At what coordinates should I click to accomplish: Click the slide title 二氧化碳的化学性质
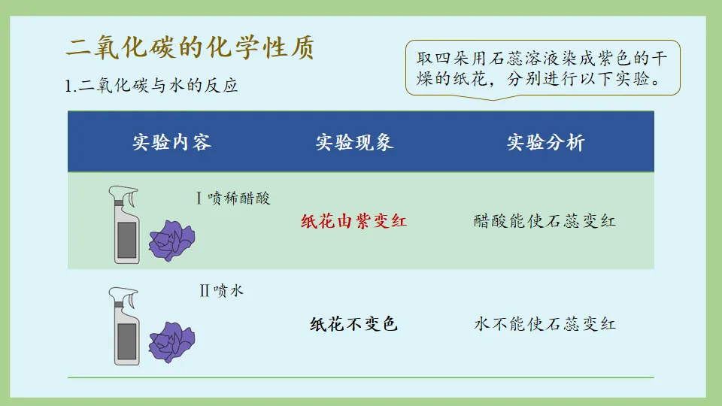tap(190, 48)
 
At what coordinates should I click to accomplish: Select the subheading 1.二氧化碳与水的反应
tap(152, 85)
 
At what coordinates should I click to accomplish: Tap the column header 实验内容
tap(171, 142)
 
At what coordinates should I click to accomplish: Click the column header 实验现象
tap(354, 142)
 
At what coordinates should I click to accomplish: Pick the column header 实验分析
tap(545, 142)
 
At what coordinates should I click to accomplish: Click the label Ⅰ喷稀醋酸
tap(232, 198)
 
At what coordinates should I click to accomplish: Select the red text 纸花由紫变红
tap(353, 221)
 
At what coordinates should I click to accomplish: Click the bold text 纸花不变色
tap(353, 324)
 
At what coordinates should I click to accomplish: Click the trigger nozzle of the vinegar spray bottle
tap(124, 197)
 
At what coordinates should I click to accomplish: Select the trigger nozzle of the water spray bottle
tap(123, 296)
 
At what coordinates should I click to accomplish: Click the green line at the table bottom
tap(361, 377)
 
